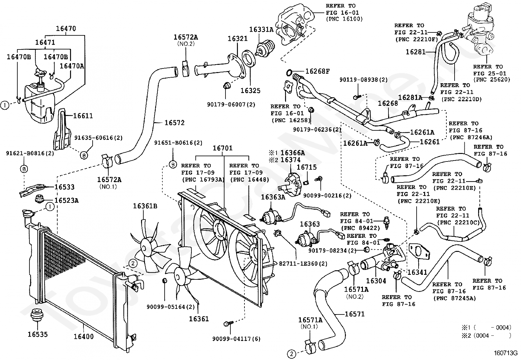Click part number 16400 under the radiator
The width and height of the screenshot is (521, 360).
84,336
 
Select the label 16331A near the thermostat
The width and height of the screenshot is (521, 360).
261,29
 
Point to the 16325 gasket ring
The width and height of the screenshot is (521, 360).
249,59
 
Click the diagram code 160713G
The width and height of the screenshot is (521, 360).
505,353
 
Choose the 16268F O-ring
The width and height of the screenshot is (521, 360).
289,73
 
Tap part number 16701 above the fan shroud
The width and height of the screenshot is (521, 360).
223,148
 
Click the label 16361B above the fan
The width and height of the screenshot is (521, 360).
145,206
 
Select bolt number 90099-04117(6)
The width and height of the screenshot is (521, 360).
236,339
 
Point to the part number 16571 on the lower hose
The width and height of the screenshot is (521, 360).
354,314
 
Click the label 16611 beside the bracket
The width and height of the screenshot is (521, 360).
83,116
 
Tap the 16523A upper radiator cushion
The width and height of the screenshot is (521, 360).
40,200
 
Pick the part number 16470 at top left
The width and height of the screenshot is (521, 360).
66,28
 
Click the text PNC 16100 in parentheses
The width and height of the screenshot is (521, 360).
344,19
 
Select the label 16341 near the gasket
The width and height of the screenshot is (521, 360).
417,272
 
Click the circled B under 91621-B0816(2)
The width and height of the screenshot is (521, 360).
24,169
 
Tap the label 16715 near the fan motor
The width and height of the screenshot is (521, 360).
307,167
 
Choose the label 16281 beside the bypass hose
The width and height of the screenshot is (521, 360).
416,52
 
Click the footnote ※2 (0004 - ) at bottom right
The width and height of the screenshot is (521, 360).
486,335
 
